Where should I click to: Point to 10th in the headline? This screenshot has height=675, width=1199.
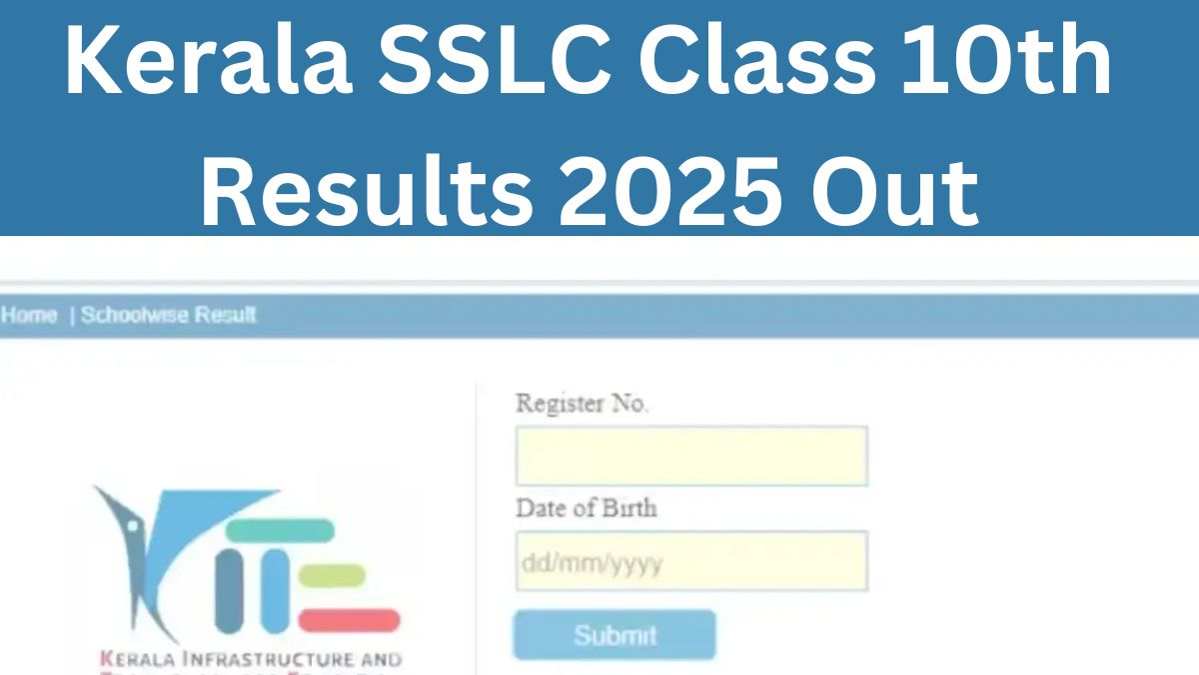pyautogui.click(x=1009, y=62)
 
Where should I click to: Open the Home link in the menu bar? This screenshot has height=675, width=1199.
pyautogui.click(x=29, y=315)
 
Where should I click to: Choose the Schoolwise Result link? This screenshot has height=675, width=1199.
pyautogui.click(x=168, y=315)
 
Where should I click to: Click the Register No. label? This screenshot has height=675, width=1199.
pyautogui.click(x=582, y=404)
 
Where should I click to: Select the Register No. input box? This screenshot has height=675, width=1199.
pyautogui.click(x=690, y=456)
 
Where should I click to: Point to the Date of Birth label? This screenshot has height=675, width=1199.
pyautogui.click(x=586, y=508)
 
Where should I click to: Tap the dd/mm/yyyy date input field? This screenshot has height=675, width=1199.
pyautogui.click(x=690, y=561)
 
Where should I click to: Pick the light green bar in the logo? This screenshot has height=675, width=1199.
pyautogui.click(x=332, y=576)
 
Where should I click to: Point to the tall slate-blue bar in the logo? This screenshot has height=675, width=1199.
pyautogui.click(x=229, y=591)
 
